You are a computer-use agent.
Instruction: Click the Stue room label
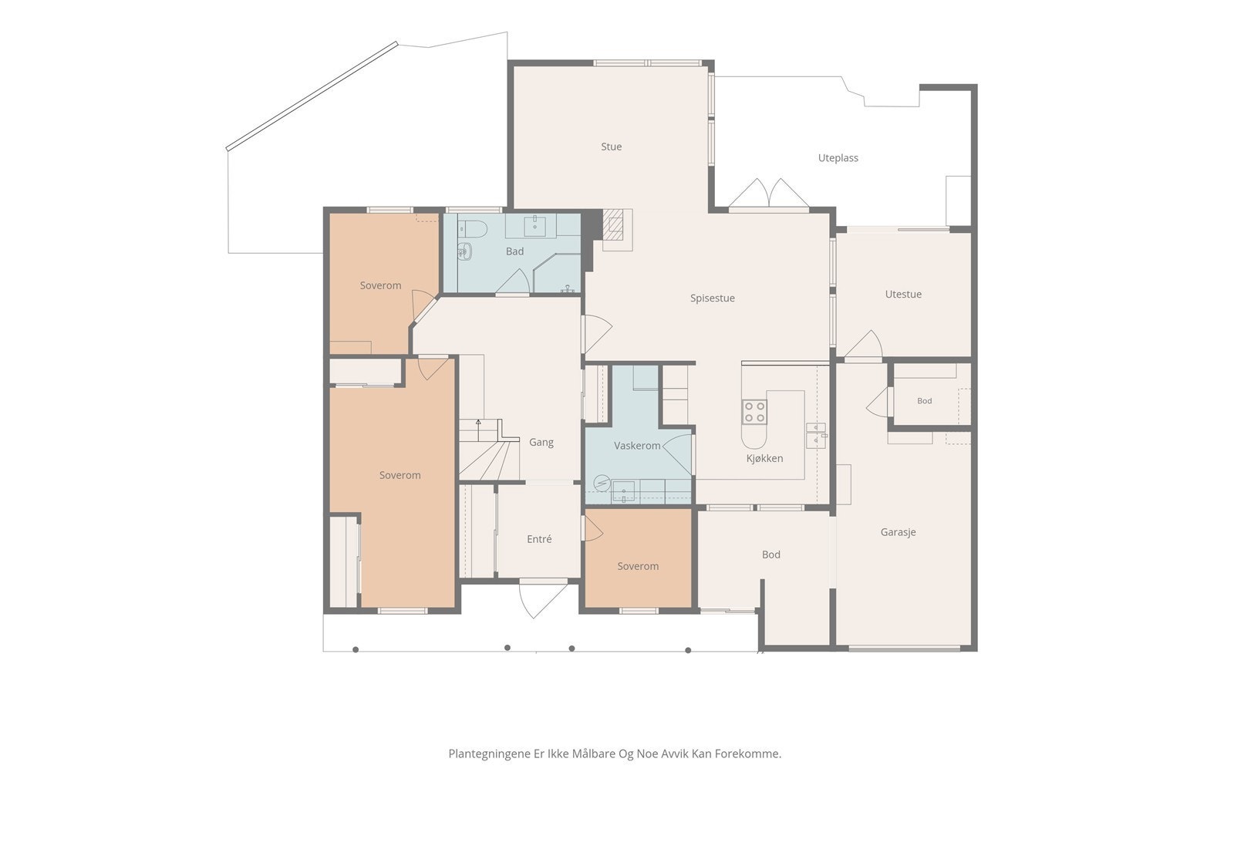tap(611, 147)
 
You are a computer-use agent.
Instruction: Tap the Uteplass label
tap(838, 158)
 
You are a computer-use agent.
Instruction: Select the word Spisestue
tap(713, 298)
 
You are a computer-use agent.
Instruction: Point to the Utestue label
tap(903, 294)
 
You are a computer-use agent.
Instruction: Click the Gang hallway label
tap(541, 442)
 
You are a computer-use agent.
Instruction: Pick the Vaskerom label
tap(637, 446)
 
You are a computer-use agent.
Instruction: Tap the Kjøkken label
tap(764, 458)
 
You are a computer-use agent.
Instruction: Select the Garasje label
tap(898, 532)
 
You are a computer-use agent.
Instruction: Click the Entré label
tap(539, 539)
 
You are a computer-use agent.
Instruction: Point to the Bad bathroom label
tap(514, 251)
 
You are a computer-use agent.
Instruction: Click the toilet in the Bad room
tap(474, 229)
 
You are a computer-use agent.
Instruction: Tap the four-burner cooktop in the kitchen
tap(754, 412)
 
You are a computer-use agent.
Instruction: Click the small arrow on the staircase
tap(478, 422)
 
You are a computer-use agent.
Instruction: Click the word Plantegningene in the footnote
tap(489, 754)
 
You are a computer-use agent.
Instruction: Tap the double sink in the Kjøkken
tap(816, 436)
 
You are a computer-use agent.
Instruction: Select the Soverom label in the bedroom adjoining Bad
tap(380, 285)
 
